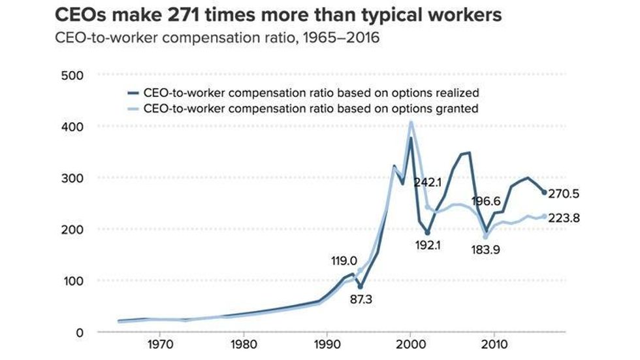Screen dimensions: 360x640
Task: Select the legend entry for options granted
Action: click(x=310, y=108)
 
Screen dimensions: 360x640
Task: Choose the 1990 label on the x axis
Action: click(x=327, y=342)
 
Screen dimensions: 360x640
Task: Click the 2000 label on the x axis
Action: click(x=410, y=342)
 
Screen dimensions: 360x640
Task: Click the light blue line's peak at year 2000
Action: click(x=411, y=122)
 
